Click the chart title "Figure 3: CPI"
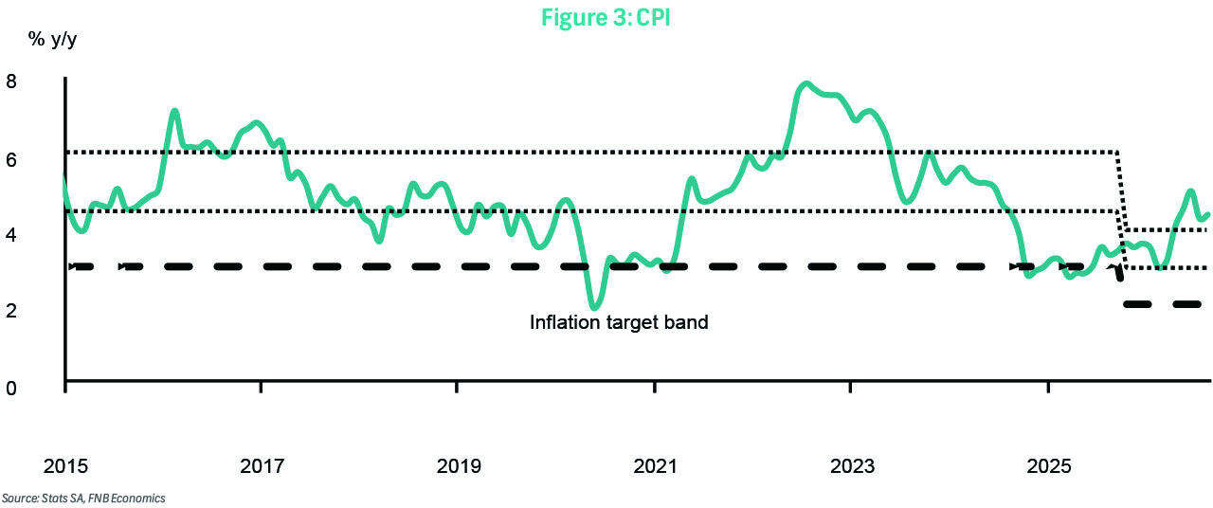606,17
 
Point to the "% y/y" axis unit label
52,40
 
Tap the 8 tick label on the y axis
11,82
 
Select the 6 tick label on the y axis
11,160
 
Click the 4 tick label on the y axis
11,235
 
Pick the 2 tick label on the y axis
11,311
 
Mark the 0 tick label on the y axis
11,388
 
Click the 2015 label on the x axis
65,465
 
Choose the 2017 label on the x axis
263,465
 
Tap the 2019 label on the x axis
459,465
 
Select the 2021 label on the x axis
655,465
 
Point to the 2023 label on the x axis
852,465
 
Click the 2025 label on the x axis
1049,465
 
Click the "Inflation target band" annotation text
619,322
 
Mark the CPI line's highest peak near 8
806,84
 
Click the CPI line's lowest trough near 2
594,308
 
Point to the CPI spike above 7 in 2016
174,112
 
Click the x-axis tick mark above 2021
655,387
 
